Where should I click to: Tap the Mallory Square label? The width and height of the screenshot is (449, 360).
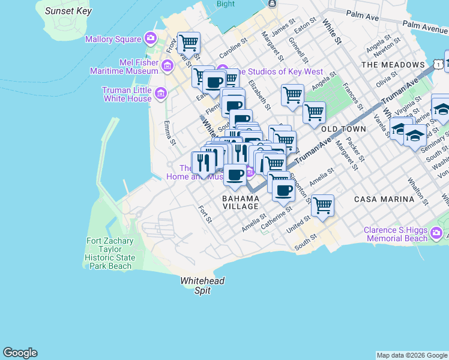(112, 40)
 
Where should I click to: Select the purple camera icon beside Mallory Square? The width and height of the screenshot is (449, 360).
(150, 40)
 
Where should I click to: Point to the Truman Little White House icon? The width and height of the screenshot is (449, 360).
(160, 93)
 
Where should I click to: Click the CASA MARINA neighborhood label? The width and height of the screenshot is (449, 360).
(384, 199)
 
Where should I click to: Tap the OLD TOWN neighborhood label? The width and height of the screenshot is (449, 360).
(343, 130)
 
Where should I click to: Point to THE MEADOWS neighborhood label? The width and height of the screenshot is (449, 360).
(393, 65)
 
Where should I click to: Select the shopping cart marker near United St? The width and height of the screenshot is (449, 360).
(323, 206)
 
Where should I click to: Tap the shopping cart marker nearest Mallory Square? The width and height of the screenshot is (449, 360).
(189, 43)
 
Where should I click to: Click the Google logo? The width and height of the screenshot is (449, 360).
(20, 353)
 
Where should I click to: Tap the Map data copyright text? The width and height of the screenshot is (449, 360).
(411, 355)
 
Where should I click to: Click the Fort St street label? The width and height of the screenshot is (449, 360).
(205, 214)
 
